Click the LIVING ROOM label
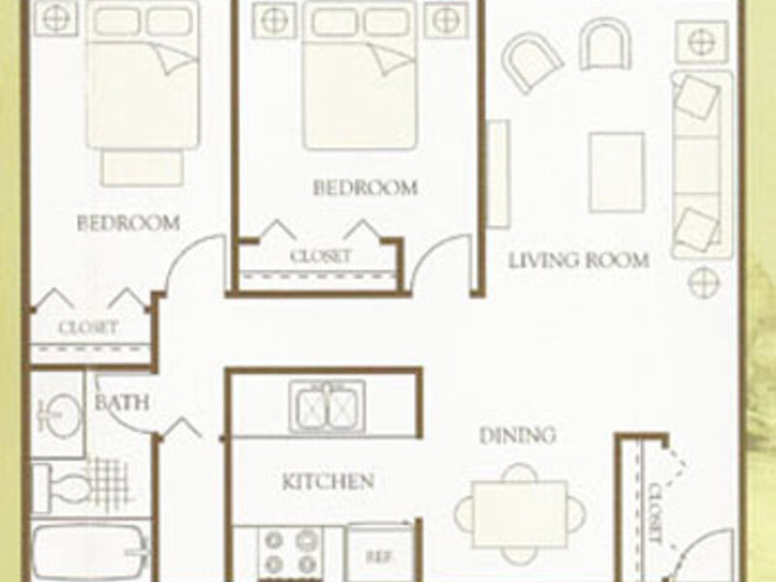point(579,260)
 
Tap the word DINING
point(518,436)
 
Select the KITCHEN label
point(328,481)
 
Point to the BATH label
point(122,402)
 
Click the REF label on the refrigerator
point(379,557)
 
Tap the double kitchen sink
point(327,407)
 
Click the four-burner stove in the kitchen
point(291,551)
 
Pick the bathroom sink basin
point(60,413)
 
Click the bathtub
point(90,552)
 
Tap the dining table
point(520,514)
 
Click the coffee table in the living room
point(617,173)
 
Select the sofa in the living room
point(701,165)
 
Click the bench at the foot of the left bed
point(142,168)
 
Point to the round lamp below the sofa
point(703,282)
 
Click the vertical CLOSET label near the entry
point(655,513)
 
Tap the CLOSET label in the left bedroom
point(87,328)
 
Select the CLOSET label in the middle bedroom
point(320,256)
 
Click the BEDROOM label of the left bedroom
point(128,224)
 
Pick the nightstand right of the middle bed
point(446,20)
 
